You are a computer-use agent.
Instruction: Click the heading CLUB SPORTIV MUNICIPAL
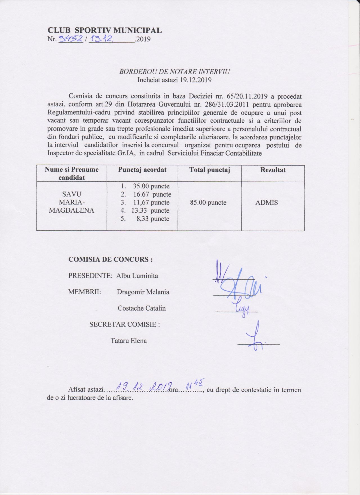[105, 30]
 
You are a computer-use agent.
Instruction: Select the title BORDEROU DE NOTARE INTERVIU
[174, 72]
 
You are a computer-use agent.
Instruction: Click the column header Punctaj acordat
[142, 170]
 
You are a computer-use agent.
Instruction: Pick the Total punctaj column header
[210, 170]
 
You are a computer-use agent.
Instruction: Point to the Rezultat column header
[273, 170]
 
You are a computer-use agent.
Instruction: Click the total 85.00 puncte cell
[208, 202]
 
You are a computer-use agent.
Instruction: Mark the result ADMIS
[266, 202]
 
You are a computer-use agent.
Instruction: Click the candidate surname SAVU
[71, 194]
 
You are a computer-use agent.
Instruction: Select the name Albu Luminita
[137, 276]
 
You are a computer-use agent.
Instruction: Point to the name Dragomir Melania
[143, 292]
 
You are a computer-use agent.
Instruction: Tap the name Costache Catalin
[142, 309]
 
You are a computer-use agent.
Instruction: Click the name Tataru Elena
[129, 341]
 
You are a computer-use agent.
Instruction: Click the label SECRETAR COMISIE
[125, 325]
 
